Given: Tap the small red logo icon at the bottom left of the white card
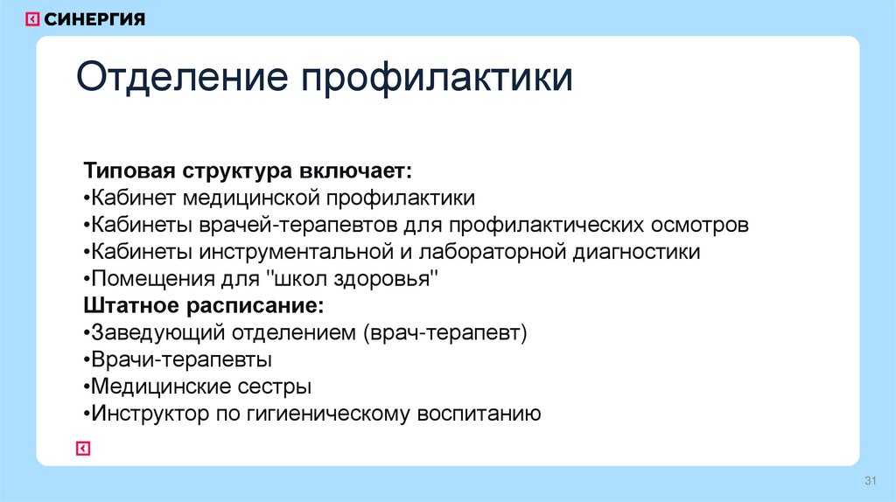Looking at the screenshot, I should point(81,449).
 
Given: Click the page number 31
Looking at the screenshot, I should point(870,482).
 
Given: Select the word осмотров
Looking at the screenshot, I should point(699,225).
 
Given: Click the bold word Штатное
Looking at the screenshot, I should point(130,307).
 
